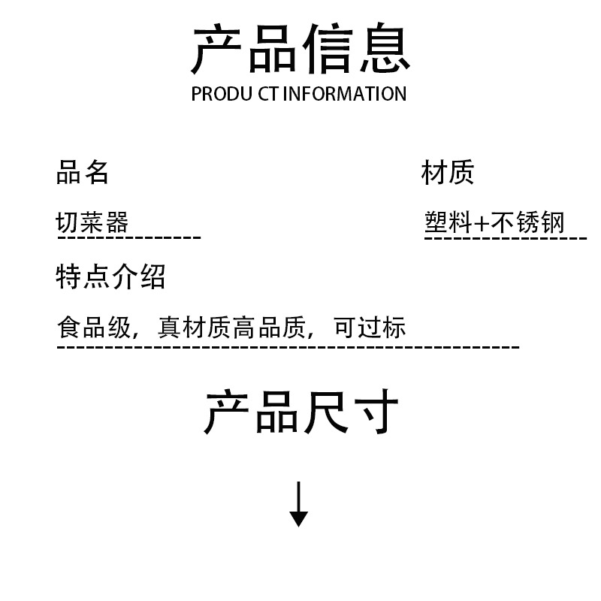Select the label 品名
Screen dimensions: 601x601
pyautogui.click(x=83, y=173)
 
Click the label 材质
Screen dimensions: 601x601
pyautogui.click(x=448, y=173)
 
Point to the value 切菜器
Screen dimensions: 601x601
pyautogui.click(x=92, y=222)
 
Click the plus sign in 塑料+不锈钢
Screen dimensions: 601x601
pyautogui.click(x=482, y=223)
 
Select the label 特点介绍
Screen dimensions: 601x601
pyautogui.click(x=110, y=276)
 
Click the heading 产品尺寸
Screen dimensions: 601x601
pyautogui.click(x=300, y=412)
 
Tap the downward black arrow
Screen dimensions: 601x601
pyautogui.click(x=299, y=504)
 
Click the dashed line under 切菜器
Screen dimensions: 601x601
pyautogui.click(x=129, y=238)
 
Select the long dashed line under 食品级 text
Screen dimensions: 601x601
pyautogui.click(x=288, y=347)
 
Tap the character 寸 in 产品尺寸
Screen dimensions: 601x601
pyautogui.click(x=373, y=412)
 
